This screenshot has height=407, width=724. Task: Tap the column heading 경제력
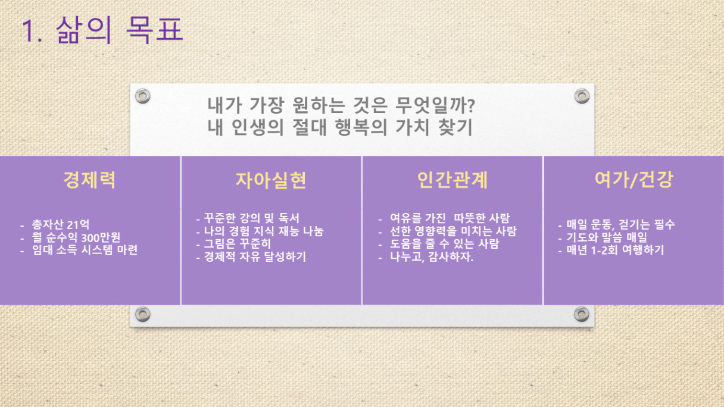pyautogui.click(x=89, y=180)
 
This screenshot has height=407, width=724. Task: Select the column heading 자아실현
pyautogui.click(x=271, y=180)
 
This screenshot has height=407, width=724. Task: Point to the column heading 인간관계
pyautogui.click(x=452, y=180)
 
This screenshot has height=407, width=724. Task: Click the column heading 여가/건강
pyautogui.click(x=634, y=179)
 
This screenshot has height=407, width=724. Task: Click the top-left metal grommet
pyautogui.click(x=142, y=96)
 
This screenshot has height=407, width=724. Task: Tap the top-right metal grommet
pyautogui.click(x=582, y=96)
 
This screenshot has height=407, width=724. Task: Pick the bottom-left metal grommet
pyautogui.click(x=142, y=314)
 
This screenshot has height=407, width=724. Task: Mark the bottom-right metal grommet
pyautogui.click(x=582, y=314)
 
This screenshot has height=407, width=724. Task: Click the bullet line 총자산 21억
pyautogui.click(x=61, y=224)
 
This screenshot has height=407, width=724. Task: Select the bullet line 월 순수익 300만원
pyautogui.click(x=76, y=237)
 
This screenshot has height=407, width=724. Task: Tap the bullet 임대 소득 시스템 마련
pyautogui.click(x=85, y=250)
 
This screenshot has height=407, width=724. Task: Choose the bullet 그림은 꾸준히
pyautogui.click(x=237, y=244)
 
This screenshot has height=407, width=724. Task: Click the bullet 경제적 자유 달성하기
pyautogui.click(x=255, y=257)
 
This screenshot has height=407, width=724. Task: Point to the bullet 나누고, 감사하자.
pyautogui.click(x=432, y=257)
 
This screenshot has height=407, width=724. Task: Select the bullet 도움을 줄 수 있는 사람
pyautogui.click(x=444, y=244)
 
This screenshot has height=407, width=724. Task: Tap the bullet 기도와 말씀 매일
pyautogui.click(x=607, y=237)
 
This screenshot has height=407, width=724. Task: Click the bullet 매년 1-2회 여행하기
pyautogui.click(x=615, y=250)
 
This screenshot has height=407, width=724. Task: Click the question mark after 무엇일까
pyautogui.click(x=471, y=105)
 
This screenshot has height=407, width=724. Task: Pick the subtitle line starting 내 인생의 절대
pyautogui.click(x=340, y=127)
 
